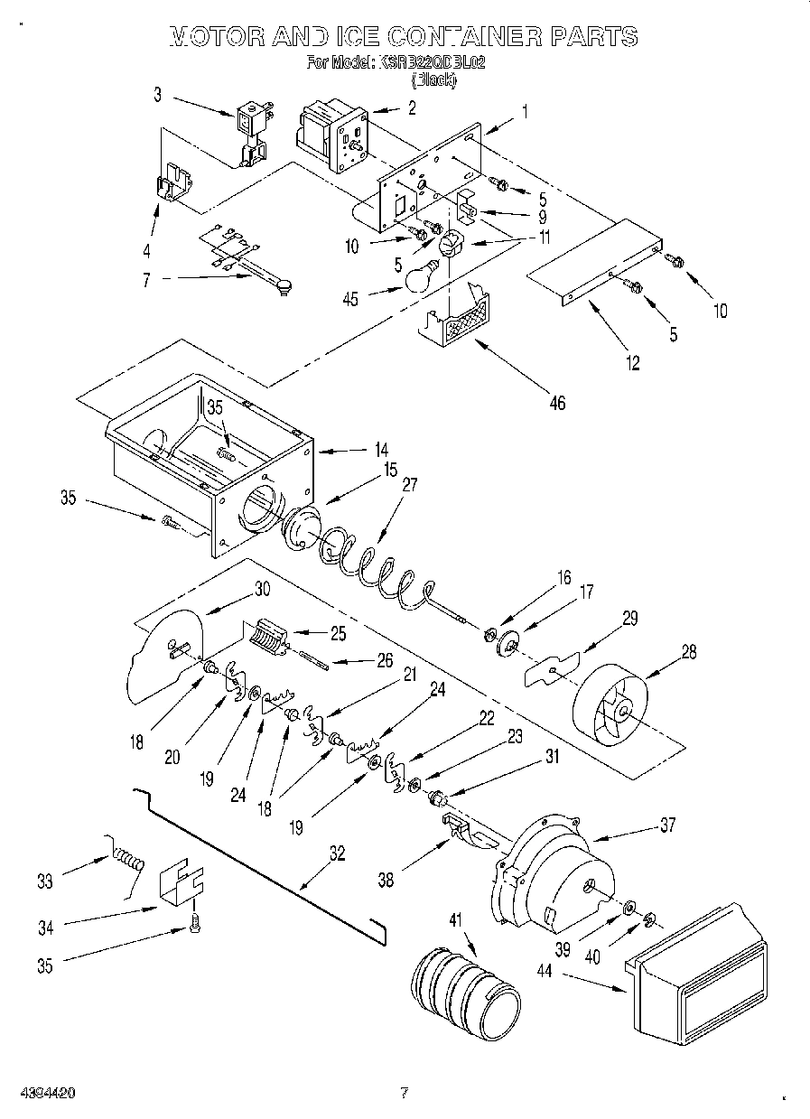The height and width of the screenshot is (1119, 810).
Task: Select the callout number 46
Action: click(557, 403)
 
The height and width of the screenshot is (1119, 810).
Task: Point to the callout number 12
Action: click(632, 363)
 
